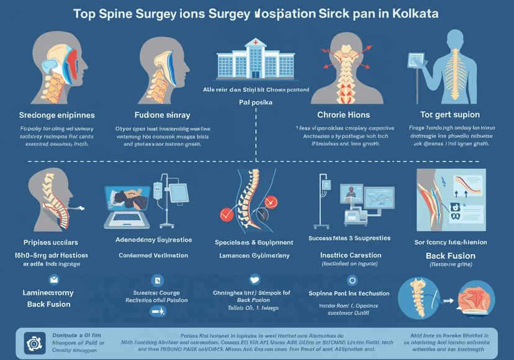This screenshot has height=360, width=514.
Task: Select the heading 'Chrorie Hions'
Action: (343, 114)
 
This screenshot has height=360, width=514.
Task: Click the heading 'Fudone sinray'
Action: (162, 115)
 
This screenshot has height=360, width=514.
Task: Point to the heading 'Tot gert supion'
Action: (449, 114)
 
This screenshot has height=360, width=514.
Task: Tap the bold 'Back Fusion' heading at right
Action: (450, 255)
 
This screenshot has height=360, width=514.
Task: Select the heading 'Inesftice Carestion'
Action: (350, 254)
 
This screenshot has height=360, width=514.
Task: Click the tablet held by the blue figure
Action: (414, 60)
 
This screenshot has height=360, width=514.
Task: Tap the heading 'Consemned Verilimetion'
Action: (154, 255)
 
